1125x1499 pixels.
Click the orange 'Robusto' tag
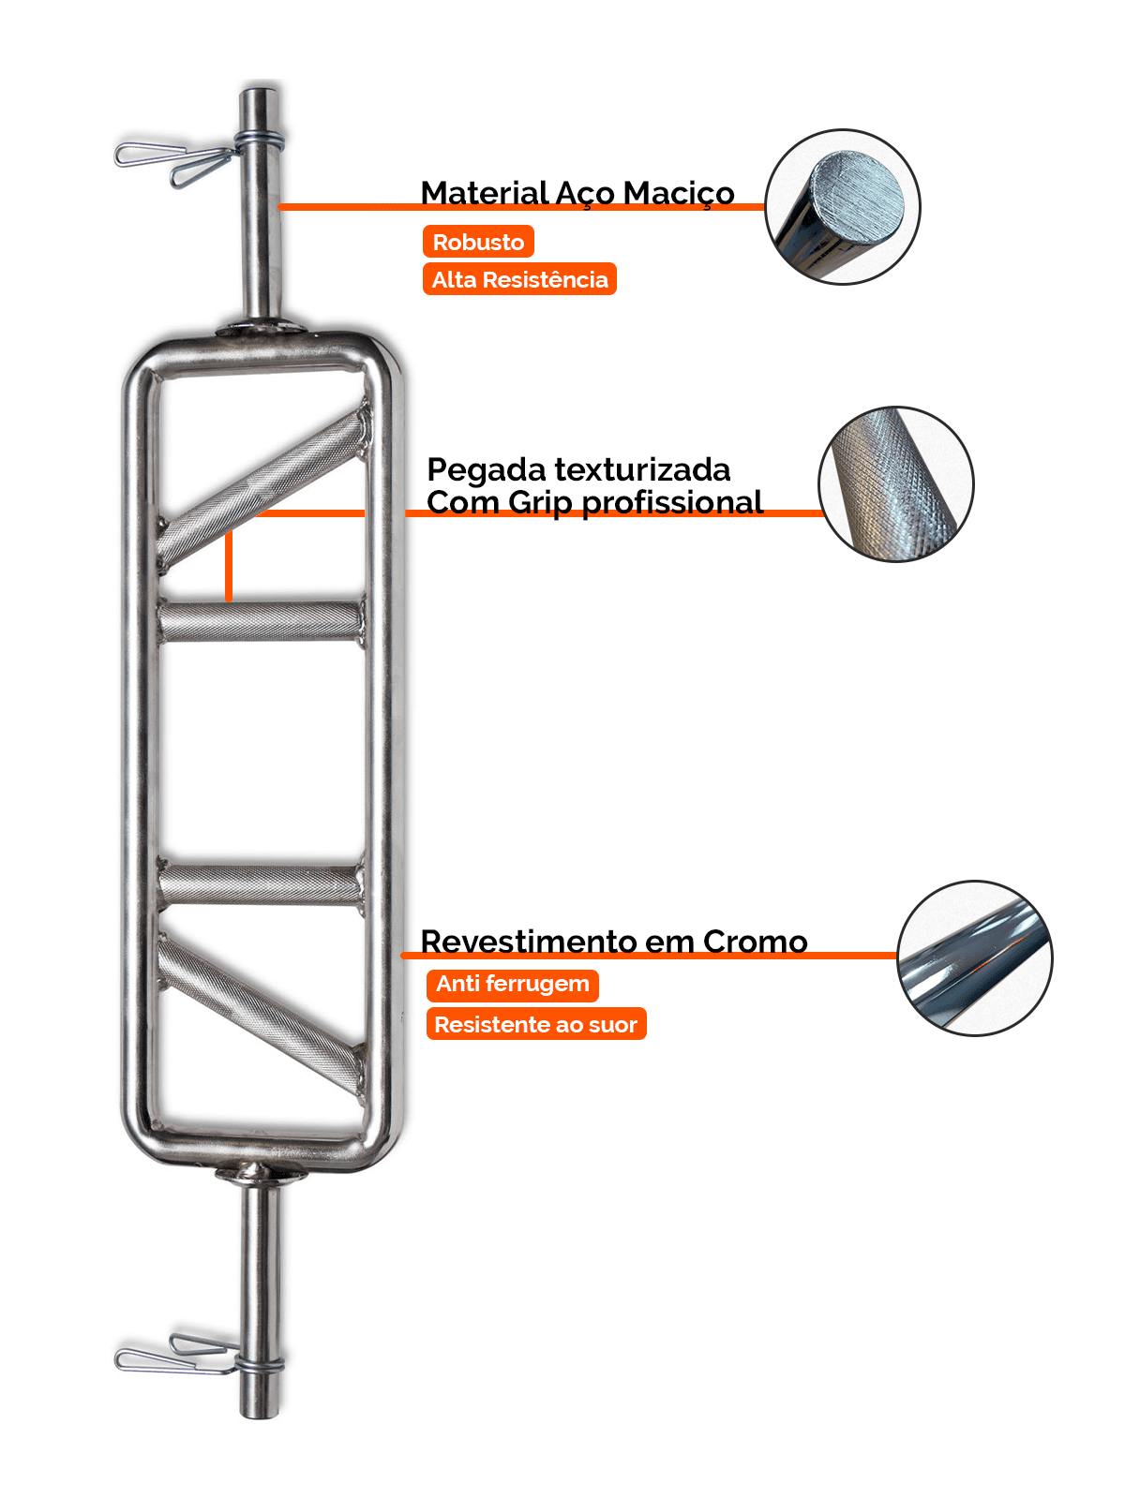coord(478,242)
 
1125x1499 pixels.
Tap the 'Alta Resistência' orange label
coord(519,279)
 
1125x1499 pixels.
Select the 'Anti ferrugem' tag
coord(512,984)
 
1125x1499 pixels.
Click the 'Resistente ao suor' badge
coord(535,1024)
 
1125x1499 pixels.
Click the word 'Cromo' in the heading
coord(755,942)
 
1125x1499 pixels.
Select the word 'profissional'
coord(672,502)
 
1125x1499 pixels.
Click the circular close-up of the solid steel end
coord(842,207)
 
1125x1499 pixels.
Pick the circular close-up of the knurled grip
coord(896,484)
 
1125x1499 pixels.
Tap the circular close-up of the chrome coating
coord(975,957)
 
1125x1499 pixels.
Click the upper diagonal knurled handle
coord(262,487)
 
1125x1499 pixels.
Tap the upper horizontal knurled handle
coord(261,620)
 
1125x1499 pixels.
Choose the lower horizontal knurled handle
coord(261,884)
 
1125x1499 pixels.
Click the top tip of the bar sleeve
coord(260,95)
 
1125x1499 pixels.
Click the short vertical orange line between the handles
coord(228,567)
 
